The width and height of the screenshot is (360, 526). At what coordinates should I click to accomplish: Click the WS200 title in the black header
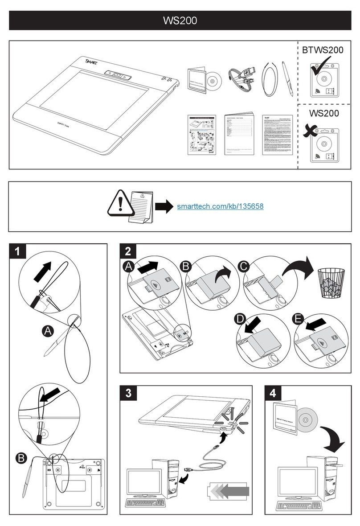tap(180, 21)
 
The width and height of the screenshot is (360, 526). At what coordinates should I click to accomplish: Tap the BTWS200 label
tap(323, 50)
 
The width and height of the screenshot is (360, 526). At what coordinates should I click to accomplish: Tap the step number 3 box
tap(128, 394)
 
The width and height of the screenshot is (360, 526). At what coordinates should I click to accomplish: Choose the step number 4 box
tap(273, 394)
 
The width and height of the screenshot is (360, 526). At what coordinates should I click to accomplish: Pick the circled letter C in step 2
tap(243, 267)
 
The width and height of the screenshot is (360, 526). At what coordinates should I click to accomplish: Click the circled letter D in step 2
tap(241, 319)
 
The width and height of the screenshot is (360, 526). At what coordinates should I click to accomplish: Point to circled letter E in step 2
tap(298, 319)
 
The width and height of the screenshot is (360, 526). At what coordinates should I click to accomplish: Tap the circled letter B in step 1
tap(20, 458)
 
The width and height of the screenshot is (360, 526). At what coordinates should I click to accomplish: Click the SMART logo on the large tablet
tap(91, 62)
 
